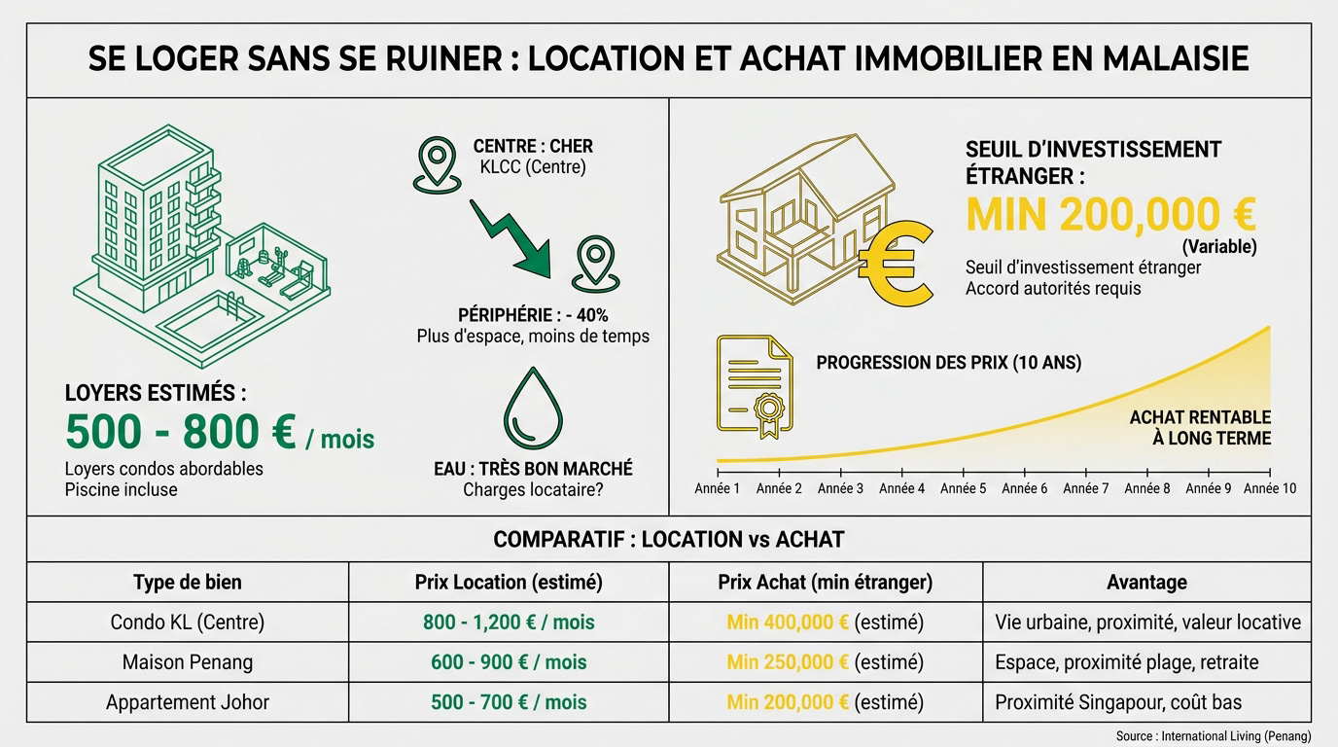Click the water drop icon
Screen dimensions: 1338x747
click(534, 409)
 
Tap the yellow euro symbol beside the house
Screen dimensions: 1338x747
click(896, 263)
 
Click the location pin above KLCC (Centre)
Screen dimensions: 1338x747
click(437, 165)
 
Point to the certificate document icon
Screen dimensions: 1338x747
click(755, 386)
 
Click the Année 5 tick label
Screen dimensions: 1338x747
click(963, 489)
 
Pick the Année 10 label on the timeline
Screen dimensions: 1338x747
click(1270, 489)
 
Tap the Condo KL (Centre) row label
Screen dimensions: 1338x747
click(188, 622)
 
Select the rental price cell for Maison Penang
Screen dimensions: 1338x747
click(509, 662)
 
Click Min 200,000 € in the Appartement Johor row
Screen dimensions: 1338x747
click(788, 702)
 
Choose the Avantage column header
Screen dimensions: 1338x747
click(1146, 582)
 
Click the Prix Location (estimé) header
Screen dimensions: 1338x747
click(509, 582)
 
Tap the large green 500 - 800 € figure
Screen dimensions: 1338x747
click(181, 432)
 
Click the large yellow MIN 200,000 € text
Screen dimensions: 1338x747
click(1111, 215)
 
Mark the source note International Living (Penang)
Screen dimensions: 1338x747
click(1236, 735)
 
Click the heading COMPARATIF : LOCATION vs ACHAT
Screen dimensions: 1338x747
click(668, 539)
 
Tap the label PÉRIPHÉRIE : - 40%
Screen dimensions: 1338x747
click(533, 315)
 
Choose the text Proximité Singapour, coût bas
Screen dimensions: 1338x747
click(1118, 702)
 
